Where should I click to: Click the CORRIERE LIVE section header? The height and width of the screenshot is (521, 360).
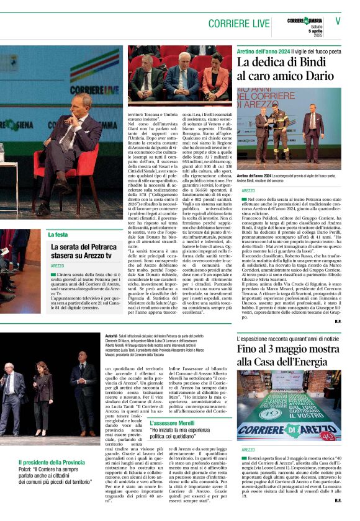coord(239,23)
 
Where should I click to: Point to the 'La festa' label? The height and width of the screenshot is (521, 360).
coord(58,234)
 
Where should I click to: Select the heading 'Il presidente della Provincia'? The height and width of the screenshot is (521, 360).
coord(52,463)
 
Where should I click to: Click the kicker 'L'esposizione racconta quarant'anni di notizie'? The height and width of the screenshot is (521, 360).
coord(287,339)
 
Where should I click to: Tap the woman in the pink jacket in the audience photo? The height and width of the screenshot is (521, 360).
coord(215,78)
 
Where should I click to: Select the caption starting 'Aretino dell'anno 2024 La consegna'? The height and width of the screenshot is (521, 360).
coord(288,178)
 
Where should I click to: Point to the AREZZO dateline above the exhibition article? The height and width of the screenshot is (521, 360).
coord(248,449)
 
